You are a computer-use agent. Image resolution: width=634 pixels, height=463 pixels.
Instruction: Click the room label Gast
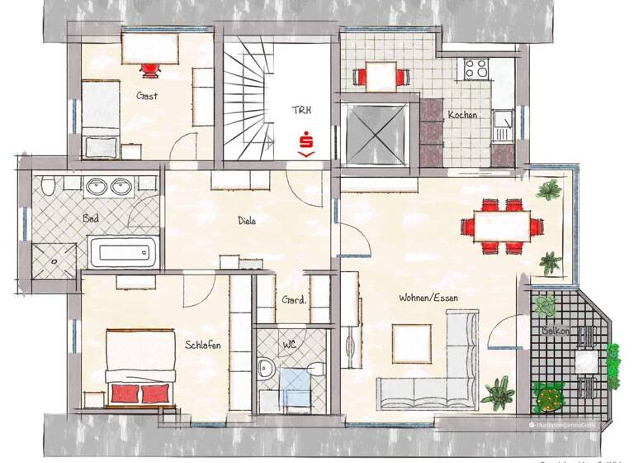click(x=148, y=96)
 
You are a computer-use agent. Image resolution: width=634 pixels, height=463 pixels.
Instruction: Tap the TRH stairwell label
click(x=302, y=110)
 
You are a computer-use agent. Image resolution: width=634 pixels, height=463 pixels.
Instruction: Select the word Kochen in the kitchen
click(x=462, y=116)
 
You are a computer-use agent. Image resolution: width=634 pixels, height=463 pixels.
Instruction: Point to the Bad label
click(x=92, y=218)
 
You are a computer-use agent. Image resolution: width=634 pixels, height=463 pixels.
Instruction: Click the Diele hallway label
click(x=247, y=221)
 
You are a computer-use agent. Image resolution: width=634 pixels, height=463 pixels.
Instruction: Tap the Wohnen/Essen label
click(x=428, y=298)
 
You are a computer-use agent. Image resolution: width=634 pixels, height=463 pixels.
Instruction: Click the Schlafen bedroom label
click(x=203, y=346)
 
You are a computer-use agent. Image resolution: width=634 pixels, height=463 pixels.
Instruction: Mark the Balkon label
click(x=554, y=331)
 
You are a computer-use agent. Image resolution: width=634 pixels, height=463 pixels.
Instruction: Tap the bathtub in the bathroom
click(x=123, y=251)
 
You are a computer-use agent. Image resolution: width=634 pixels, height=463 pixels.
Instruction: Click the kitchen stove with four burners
click(x=478, y=68)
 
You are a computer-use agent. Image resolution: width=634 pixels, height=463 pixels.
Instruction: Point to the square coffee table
click(x=410, y=339)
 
